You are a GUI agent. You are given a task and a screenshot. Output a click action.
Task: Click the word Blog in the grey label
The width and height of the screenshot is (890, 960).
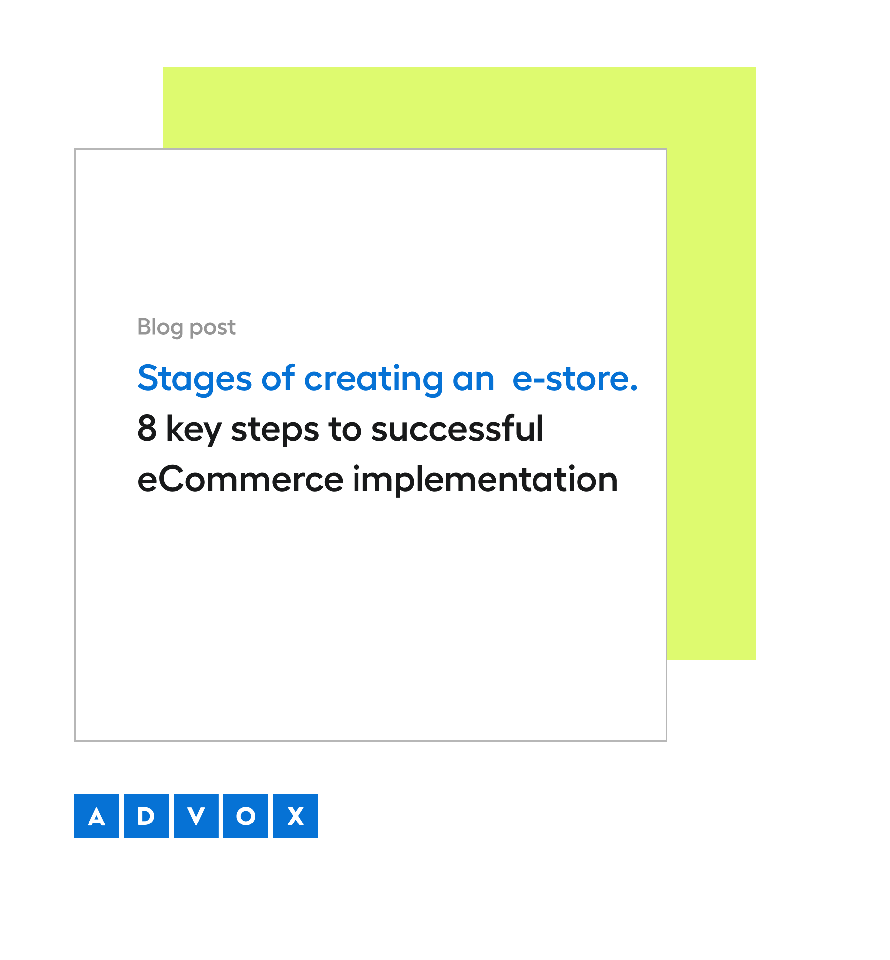(x=160, y=327)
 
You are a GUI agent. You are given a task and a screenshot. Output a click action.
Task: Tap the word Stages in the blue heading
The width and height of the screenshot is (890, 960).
(x=195, y=379)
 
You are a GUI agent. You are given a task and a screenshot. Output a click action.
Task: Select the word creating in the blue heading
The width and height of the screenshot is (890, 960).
(x=373, y=379)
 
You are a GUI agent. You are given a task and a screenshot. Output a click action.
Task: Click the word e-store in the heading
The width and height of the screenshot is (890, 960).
(x=571, y=379)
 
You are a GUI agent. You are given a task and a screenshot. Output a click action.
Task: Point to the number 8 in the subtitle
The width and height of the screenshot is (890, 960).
(x=147, y=428)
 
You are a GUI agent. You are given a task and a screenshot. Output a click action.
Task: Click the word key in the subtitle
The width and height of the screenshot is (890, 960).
(x=193, y=429)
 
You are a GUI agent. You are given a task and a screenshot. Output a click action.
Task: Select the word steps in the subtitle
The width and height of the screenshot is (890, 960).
(x=275, y=429)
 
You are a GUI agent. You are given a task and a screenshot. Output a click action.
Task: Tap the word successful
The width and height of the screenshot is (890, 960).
(x=457, y=428)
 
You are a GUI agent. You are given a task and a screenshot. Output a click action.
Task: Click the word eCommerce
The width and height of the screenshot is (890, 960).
(x=240, y=480)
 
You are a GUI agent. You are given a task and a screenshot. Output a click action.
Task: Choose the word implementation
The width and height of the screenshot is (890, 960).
(x=485, y=480)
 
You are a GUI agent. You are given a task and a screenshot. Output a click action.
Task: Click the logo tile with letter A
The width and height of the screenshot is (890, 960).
(x=96, y=816)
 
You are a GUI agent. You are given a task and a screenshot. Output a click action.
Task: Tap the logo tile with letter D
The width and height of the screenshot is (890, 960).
(x=146, y=816)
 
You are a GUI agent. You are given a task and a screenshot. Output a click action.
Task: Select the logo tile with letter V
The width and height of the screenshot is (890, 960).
(x=196, y=816)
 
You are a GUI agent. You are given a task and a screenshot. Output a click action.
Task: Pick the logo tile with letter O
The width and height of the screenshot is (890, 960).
(x=246, y=816)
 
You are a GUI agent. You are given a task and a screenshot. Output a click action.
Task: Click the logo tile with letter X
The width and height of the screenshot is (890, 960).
(x=296, y=816)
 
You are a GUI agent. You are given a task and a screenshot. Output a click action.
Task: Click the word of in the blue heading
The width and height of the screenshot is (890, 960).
(x=278, y=379)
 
